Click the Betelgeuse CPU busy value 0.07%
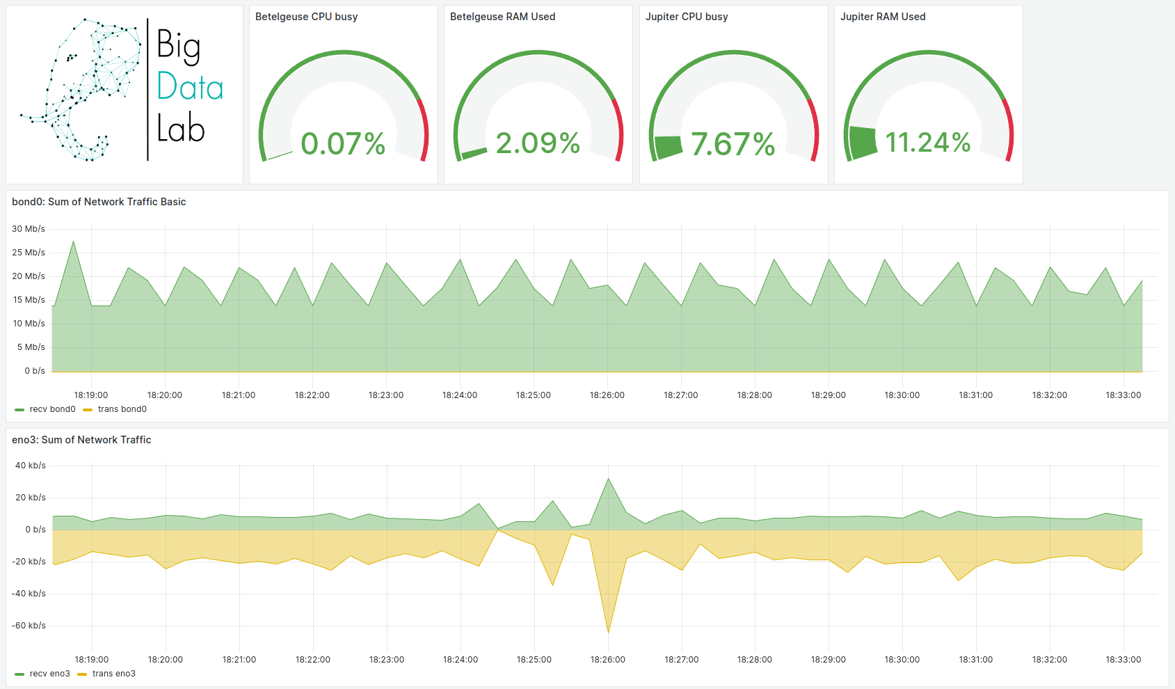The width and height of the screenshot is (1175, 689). coord(343,144)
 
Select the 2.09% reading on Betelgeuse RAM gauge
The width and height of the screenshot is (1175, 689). coord(538,143)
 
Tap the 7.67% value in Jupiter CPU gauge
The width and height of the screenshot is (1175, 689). coord(733,145)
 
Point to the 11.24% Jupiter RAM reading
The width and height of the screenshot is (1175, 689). coord(927,143)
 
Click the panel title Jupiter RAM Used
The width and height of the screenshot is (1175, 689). coord(882,17)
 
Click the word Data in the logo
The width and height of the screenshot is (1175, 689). coord(189,88)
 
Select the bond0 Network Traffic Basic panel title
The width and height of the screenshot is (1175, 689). coord(99,202)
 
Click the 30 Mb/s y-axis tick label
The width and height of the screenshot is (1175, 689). coord(29,229)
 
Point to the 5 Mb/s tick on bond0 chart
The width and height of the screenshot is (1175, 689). coord(31,347)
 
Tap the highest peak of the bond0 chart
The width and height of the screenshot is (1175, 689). coord(74,241)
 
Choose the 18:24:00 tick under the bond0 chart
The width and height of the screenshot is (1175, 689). coord(459,395)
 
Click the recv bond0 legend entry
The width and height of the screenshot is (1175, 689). coord(46,409)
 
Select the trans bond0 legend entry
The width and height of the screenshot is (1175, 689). coord(115,409)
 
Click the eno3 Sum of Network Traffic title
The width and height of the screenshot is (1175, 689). coord(81,440)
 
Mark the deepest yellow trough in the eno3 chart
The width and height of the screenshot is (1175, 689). coord(608,632)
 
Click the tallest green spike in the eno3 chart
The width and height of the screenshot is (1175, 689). coord(608,479)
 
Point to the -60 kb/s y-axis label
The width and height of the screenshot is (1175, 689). coord(29,626)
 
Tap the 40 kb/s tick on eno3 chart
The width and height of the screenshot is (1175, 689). coord(31,466)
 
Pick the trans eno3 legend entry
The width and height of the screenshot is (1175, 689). coord(107,674)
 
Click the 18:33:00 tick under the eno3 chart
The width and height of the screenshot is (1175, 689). coord(1123,660)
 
